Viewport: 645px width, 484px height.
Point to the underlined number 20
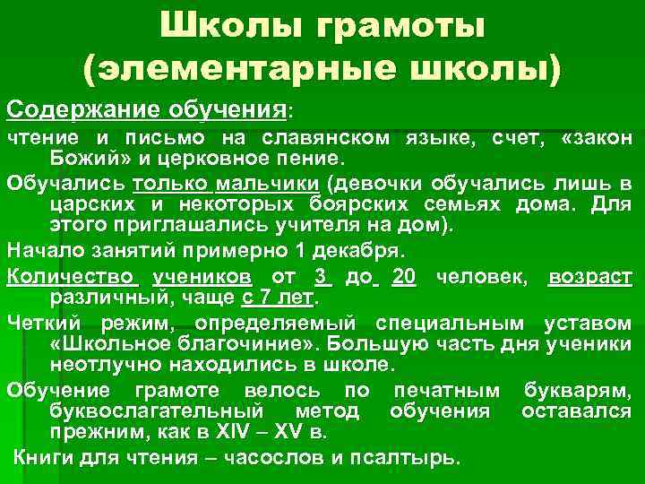point(404,277)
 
